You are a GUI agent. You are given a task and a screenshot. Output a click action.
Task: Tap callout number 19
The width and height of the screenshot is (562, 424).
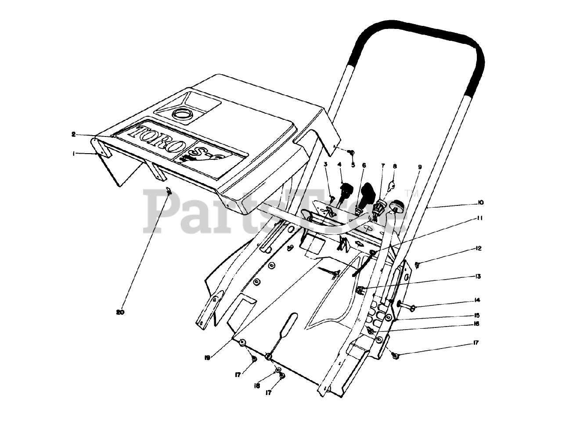pyautogui.click(x=207, y=357)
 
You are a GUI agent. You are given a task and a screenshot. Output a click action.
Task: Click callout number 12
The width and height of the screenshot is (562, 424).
pyautogui.click(x=478, y=248)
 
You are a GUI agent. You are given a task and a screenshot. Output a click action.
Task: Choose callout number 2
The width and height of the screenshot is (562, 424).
pyautogui.click(x=74, y=134)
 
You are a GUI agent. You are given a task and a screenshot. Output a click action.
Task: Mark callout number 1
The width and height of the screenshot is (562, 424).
pyautogui.click(x=75, y=153)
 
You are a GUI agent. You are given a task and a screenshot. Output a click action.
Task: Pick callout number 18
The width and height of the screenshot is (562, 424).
pyautogui.click(x=257, y=385)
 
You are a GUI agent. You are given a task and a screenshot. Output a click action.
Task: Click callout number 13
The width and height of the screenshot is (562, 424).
pyautogui.click(x=478, y=277)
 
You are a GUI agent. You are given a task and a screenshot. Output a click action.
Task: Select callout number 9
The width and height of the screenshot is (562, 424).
pyautogui.click(x=420, y=167)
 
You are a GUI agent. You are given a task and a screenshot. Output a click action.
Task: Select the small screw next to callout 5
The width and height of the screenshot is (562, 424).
pyautogui.click(x=350, y=152)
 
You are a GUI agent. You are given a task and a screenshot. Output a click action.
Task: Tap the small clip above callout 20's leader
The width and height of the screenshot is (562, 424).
pyautogui.click(x=168, y=190)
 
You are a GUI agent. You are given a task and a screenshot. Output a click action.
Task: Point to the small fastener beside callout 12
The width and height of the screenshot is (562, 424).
pyautogui.click(x=417, y=264)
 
